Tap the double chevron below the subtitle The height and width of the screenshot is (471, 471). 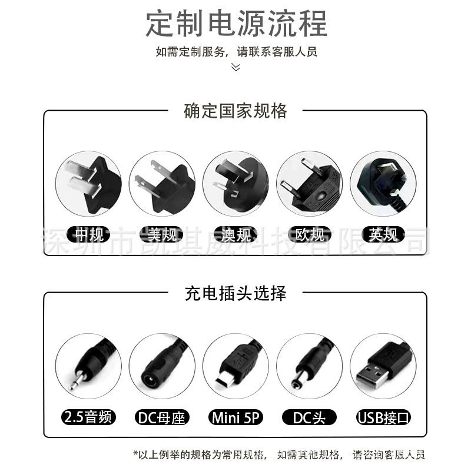[235, 67]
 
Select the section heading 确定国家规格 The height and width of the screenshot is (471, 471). [235, 110]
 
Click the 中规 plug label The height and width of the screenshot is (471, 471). [88, 235]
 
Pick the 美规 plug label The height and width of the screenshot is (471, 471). [162, 235]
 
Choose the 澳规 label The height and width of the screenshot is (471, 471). [235, 235]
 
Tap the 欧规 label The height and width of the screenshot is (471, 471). [309, 235]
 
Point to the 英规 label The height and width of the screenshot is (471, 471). [383, 235]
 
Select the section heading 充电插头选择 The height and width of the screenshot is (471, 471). [235, 293]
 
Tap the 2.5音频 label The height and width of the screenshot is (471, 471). [88, 419]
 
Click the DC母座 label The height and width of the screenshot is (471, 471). [162, 419]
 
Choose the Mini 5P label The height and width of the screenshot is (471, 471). [235, 419]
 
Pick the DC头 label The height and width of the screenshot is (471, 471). [309, 419]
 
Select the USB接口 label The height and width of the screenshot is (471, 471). [383, 419]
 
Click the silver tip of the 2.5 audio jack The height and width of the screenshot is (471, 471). [74, 383]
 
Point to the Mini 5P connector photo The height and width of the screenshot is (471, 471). [235, 365]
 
